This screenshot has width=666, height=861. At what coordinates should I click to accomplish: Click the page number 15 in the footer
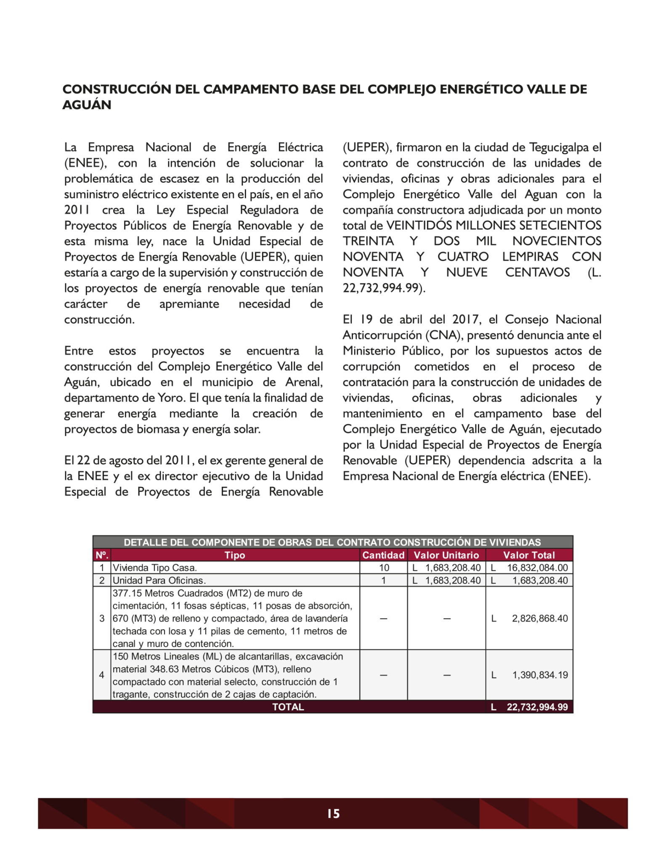tap(333, 813)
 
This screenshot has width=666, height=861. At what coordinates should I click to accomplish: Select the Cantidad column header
tap(383, 555)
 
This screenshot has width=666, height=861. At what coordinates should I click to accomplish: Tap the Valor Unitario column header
tap(446, 555)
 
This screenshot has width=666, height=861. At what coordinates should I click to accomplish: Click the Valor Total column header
tap(529, 555)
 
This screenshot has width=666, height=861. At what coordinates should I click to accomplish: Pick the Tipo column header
tap(235, 555)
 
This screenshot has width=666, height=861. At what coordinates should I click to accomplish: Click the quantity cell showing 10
tap(384, 568)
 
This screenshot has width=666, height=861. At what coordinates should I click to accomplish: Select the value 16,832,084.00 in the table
tap(537, 568)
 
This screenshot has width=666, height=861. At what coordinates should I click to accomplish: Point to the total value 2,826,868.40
tap(540, 618)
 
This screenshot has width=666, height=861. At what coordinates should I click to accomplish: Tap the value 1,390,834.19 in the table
tap(540, 675)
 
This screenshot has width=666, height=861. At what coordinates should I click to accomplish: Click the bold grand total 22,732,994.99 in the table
tap(537, 707)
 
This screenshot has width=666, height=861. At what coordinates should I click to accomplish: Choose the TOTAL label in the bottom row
tap(288, 707)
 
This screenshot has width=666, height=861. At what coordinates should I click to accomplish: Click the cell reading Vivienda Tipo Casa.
tap(155, 568)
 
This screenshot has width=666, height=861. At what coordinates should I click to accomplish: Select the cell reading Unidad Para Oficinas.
tap(159, 580)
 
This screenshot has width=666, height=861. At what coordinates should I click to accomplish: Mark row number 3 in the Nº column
tap(102, 618)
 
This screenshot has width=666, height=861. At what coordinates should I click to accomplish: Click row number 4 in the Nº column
tap(102, 675)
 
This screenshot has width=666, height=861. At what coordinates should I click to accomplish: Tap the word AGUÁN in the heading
tap(87, 105)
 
